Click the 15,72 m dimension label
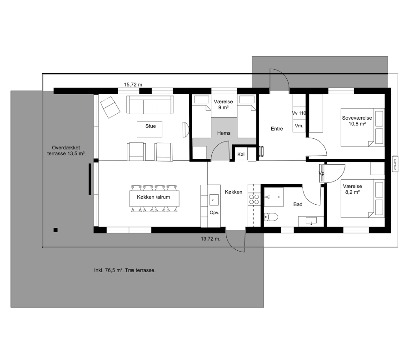[133, 85]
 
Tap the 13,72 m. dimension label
[210, 239]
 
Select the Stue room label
[150, 126]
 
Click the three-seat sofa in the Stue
[150, 105]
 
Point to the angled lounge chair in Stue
[110, 107]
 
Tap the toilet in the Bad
[271, 217]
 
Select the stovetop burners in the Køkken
[254, 199]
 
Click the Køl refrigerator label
[241, 154]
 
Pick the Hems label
[224, 133]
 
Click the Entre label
[277, 129]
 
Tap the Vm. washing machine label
[299, 126]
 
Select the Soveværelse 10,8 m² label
[357, 121]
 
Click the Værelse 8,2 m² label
[352, 189]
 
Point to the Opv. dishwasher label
[214, 213]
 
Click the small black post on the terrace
[55, 230]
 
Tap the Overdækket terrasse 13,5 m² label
[66, 151]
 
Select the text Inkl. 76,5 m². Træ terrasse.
[125, 271]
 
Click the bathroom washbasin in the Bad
[311, 221]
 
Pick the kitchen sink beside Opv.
[214, 200]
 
